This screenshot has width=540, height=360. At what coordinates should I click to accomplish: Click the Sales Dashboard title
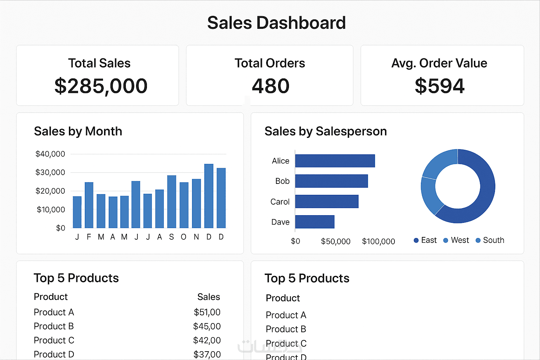pyautogui.click(x=276, y=23)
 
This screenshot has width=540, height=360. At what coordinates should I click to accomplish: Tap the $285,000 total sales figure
pyautogui.click(x=101, y=86)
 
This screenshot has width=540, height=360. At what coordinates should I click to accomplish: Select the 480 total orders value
pyautogui.click(x=270, y=86)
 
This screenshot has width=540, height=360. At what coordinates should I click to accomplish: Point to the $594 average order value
pyautogui.click(x=439, y=86)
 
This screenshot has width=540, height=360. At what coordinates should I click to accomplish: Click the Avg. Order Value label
pyautogui.click(x=439, y=63)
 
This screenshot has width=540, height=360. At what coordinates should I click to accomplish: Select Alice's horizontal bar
pyautogui.click(x=335, y=161)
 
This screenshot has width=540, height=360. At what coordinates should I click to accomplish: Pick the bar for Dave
pyautogui.click(x=315, y=222)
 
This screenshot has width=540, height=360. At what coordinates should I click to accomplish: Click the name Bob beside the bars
pyautogui.click(x=282, y=181)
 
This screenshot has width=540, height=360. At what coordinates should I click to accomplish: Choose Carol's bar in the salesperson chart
pyautogui.click(x=327, y=201)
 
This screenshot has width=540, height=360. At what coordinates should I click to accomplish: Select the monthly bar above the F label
pyautogui.click(x=89, y=205)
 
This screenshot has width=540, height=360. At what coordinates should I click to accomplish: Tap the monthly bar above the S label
pyautogui.click(x=172, y=201)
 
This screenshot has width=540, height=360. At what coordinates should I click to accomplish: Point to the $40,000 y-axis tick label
pyautogui.click(x=50, y=154)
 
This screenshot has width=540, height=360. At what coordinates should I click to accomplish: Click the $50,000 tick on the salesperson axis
pyautogui.click(x=335, y=242)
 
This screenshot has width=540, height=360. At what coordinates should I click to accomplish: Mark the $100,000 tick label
pyautogui.click(x=378, y=242)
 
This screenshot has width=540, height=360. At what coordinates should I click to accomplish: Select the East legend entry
pyautogui.click(x=425, y=240)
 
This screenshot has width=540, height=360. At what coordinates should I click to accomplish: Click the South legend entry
pyautogui.click(x=490, y=240)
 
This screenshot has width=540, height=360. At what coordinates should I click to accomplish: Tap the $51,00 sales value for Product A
pyautogui.click(x=207, y=312)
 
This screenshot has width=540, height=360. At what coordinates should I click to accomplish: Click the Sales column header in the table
pyautogui.click(x=208, y=297)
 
